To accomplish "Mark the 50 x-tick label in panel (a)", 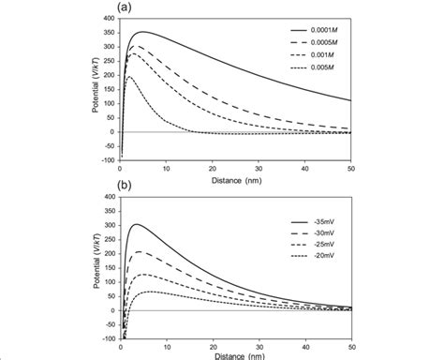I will coord(350,165).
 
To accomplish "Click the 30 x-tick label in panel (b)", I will coord(259,344).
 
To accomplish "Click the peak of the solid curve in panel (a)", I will coord(141,32).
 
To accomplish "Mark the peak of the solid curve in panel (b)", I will coord(137,224).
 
